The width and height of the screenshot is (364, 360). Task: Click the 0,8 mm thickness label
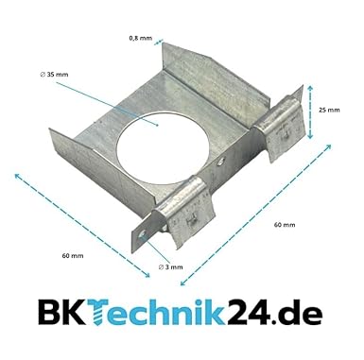click(x=140, y=39)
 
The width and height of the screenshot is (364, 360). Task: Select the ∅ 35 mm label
click(x=54, y=75)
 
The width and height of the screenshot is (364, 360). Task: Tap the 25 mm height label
click(x=329, y=110)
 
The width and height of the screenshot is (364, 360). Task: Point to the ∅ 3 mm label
click(x=170, y=267)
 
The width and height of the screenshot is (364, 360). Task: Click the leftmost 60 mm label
click(x=73, y=256)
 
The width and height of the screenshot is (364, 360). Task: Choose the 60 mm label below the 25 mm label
click(x=285, y=225)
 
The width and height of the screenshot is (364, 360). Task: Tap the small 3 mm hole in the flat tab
click(x=143, y=233)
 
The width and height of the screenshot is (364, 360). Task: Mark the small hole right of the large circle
click(x=221, y=162)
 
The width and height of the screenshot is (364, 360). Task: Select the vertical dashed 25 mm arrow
click(x=310, y=111)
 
